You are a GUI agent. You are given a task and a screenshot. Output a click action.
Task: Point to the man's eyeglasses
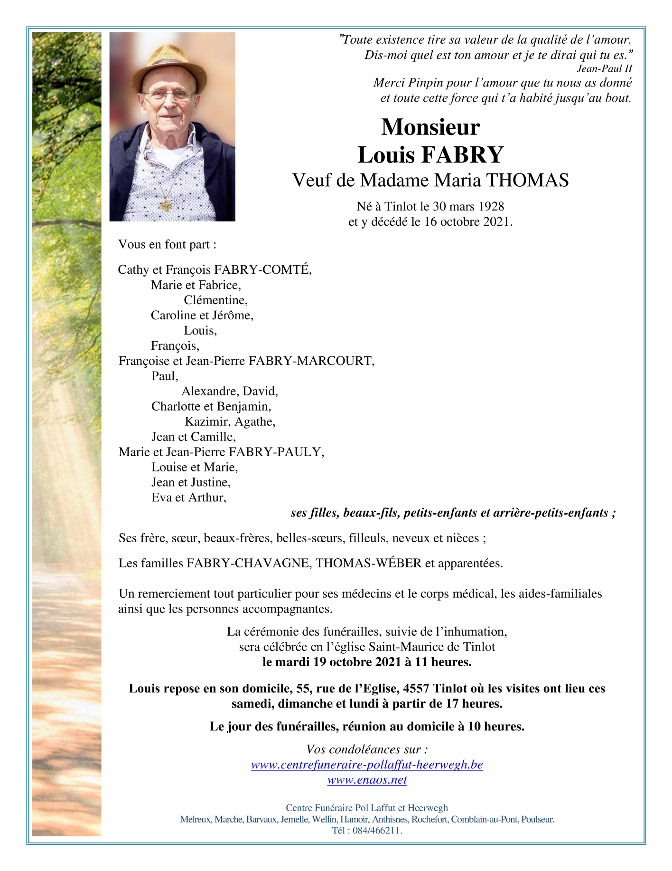click(168, 95)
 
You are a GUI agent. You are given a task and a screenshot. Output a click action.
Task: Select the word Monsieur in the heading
click(430, 127)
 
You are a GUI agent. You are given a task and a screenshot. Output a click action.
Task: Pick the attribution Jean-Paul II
click(604, 68)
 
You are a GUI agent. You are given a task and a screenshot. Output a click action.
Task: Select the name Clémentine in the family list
click(215, 300)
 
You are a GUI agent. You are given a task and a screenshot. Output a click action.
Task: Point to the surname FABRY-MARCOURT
click(311, 361)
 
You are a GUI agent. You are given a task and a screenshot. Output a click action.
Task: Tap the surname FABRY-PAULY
click(276, 452)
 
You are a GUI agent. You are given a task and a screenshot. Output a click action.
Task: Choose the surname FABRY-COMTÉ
click(263, 270)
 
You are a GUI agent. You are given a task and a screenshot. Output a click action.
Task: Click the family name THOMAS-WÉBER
click(369, 564)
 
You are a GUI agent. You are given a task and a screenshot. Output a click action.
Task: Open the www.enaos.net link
click(367, 780)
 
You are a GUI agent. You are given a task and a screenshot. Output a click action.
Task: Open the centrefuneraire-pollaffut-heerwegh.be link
click(367, 765)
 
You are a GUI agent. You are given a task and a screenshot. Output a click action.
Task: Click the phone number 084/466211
click(377, 831)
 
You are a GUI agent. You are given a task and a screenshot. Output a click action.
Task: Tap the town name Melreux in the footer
click(196, 819)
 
